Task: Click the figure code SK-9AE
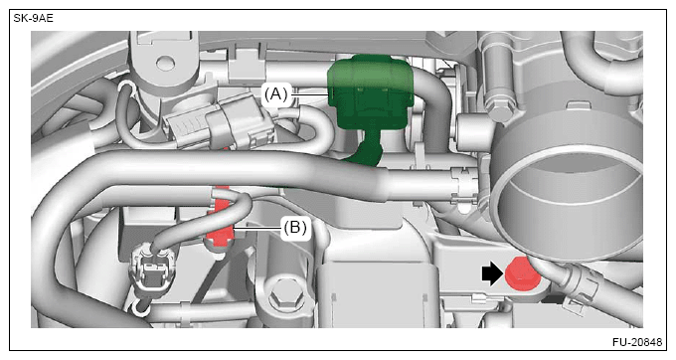[x=33, y=19]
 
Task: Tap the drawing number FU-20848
[x=637, y=342]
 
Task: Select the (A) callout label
[x=276, y=93]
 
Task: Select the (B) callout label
[x=295, y=227]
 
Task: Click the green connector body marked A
[x=371, y=92]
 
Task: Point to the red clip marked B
[x=221, y=220]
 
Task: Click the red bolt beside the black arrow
[x=522, y=275]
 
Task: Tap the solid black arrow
[x=492, y=274]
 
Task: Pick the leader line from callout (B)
[x=257, y=228]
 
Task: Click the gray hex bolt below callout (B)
[x=283, y=297]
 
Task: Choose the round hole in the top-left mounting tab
[x=164, y=64]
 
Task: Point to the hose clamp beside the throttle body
[x=462, y=186]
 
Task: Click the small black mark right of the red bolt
[x=553, y=298]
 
